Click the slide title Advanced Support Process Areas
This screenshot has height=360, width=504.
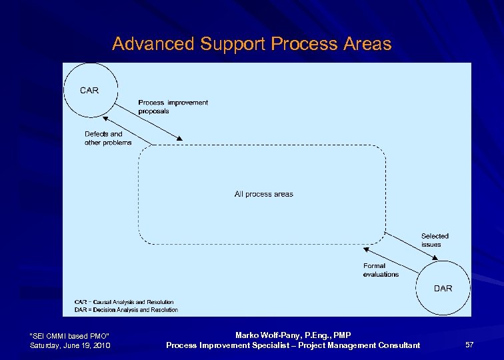pos(251,44)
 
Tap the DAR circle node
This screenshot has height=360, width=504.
pos(442,288)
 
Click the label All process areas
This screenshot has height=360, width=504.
pos(263,194)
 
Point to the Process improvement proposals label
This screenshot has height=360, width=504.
pos(173,107)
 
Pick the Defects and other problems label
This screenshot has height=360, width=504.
pos(107,138)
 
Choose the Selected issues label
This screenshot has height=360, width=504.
pos(434,240)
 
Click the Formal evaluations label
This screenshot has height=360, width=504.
pos(381,270)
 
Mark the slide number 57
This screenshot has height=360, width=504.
pos(469,345)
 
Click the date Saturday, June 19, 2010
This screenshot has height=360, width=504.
pos(70,345)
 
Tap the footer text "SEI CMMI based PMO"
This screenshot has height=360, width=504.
pos(70,335)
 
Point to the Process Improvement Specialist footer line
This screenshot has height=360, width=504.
pos(293,345)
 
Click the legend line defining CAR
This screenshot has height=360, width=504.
pos(124,302)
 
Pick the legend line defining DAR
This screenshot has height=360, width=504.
pos(126,310)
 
